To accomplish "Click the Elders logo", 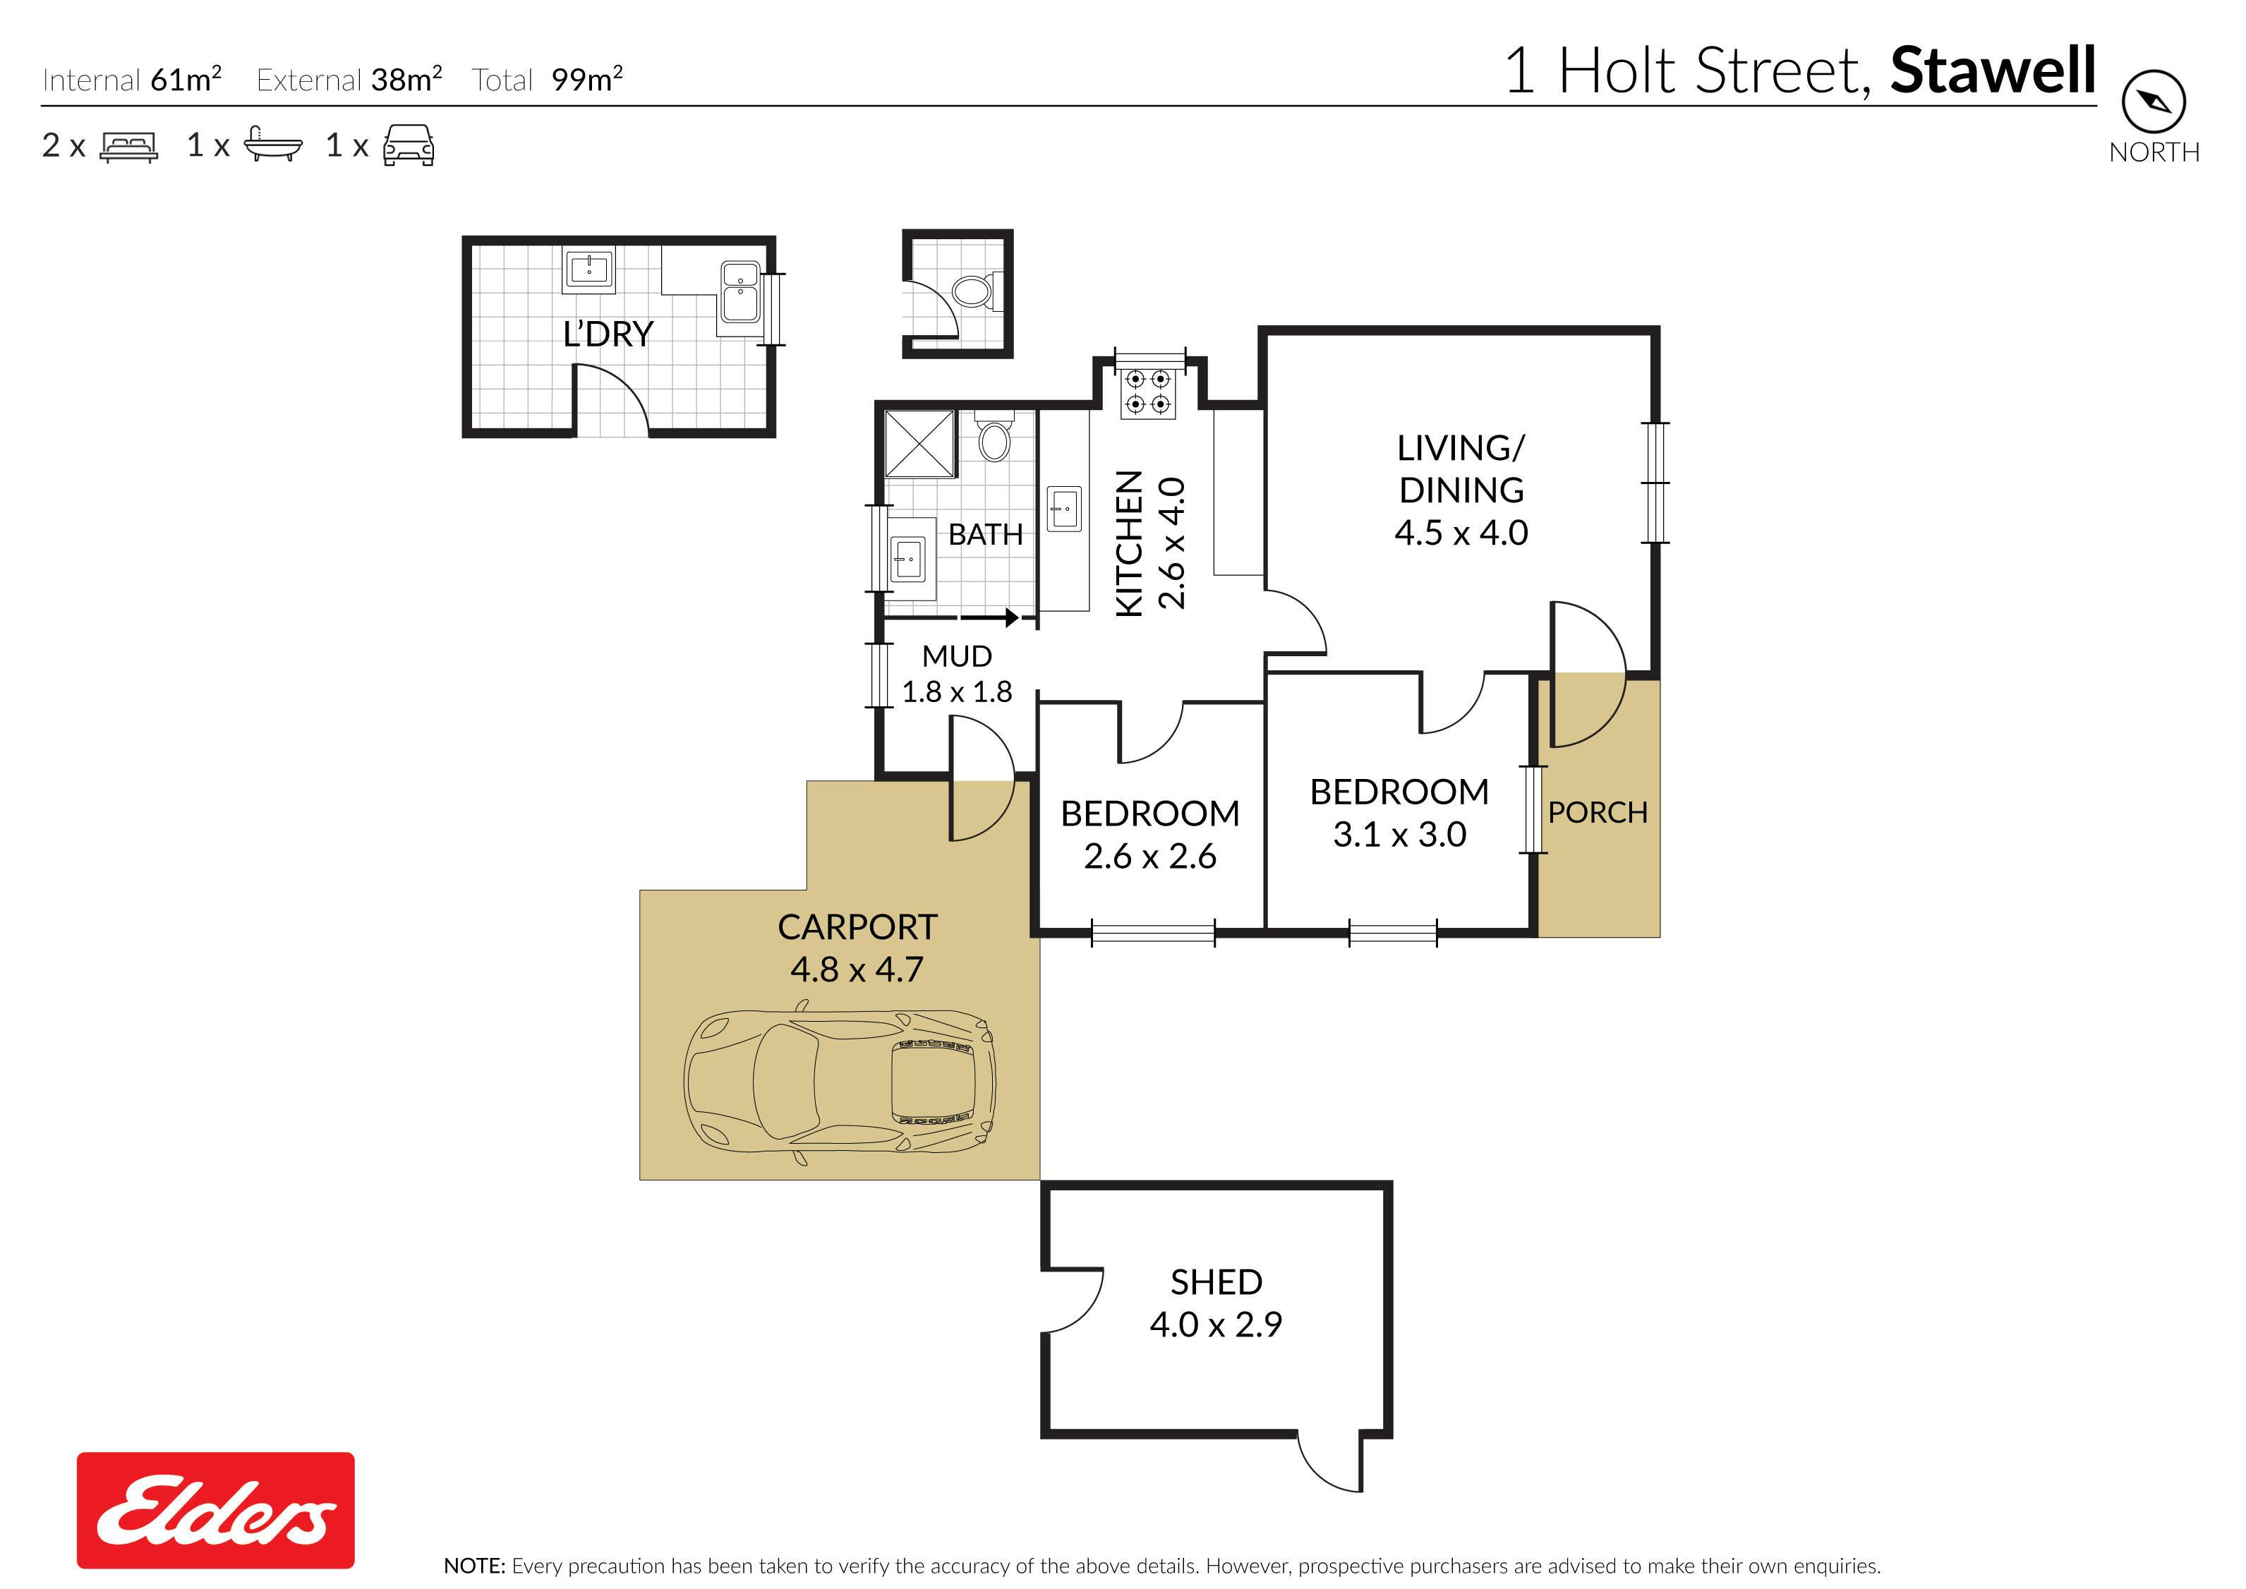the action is pyautogui.click(x=215, y=1510).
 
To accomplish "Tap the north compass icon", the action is pyautogui.click(x=2153, y=101).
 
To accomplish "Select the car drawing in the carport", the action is pyautogui.click(x=839, y=1082).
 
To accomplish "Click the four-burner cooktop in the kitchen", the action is pyautogui.click(x=1147, y=392).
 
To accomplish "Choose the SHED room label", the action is pyautogui.click(x=1216, y=1282).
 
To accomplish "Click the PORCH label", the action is pyautogui.click(x=1598, y=812).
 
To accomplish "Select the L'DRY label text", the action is pyautogui.click(x=608, y=334).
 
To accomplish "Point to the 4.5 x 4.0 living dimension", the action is pyautogui.click(x=1461, y=532).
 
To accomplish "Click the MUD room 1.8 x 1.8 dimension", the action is pyautogui.click(x=957, y=691).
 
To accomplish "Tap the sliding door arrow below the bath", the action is pyautogui.click(x=989, y=618).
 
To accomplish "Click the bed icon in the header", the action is pyautogui.click(x=129, y=147).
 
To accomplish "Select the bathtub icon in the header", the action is pyautogui.click(x=273, y=145).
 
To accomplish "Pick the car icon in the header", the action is pyautogui.click(x=409, y=145).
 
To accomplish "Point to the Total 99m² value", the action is pyautogui.click(x=587, y=79).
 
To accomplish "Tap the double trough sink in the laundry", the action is pyautogui.click(x=739, y=291).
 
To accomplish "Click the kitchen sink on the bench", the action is pyautogui.click(x=1064, y=509).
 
